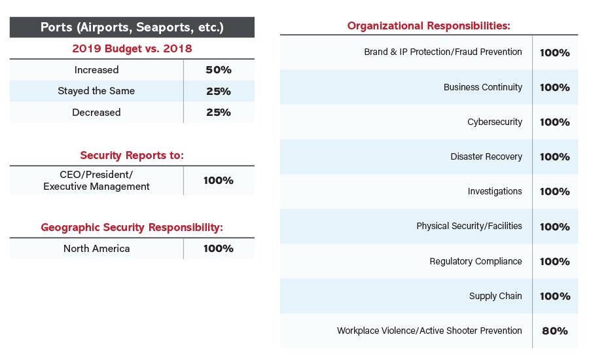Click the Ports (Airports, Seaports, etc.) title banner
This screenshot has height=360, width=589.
point(132,27)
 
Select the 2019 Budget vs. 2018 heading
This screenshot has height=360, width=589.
point(132,48)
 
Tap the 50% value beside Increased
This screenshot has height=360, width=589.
point(219,70)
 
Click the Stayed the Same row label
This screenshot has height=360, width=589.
point(96,91)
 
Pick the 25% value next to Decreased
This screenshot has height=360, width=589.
point(219,112)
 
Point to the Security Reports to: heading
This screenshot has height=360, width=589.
point(132,155)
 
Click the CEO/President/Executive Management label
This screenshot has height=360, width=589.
point(96,181)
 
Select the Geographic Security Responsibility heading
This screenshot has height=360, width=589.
point(132,227)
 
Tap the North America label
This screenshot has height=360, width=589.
point(96,249)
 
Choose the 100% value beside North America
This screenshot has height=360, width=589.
point(219,249)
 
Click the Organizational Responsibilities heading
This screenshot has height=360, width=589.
point(429,26)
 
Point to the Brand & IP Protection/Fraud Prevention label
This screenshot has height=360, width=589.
point(443,52)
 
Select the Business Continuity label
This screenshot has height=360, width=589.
point(483,87)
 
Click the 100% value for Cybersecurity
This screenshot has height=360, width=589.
point(555,122)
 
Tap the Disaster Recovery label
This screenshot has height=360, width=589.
point(486,156)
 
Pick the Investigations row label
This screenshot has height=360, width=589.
point(495,191)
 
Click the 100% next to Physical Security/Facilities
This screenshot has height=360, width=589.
point(555,226)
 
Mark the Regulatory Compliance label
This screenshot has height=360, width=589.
point(476,261)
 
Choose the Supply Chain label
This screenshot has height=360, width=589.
point(495,296)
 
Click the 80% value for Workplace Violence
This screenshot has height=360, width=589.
point(555,331)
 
